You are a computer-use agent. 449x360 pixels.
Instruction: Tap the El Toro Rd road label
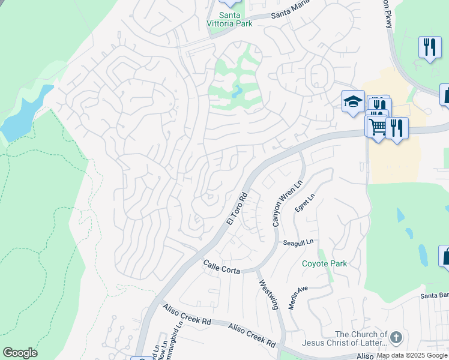click(237, 209)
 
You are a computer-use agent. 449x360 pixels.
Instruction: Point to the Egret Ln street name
click(304, 203)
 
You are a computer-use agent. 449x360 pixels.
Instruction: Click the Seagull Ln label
click(298, 242)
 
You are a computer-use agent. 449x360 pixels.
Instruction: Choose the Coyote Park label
click(324, 263)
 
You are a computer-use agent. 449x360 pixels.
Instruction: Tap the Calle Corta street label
click(221, 266)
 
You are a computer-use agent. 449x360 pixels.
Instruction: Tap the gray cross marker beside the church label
click(395, 338)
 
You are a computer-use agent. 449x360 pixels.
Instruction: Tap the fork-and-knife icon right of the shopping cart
click(397, 127)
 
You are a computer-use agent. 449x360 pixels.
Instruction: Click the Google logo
click(20, 353)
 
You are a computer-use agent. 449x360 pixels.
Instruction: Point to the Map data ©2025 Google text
click(412, 356)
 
